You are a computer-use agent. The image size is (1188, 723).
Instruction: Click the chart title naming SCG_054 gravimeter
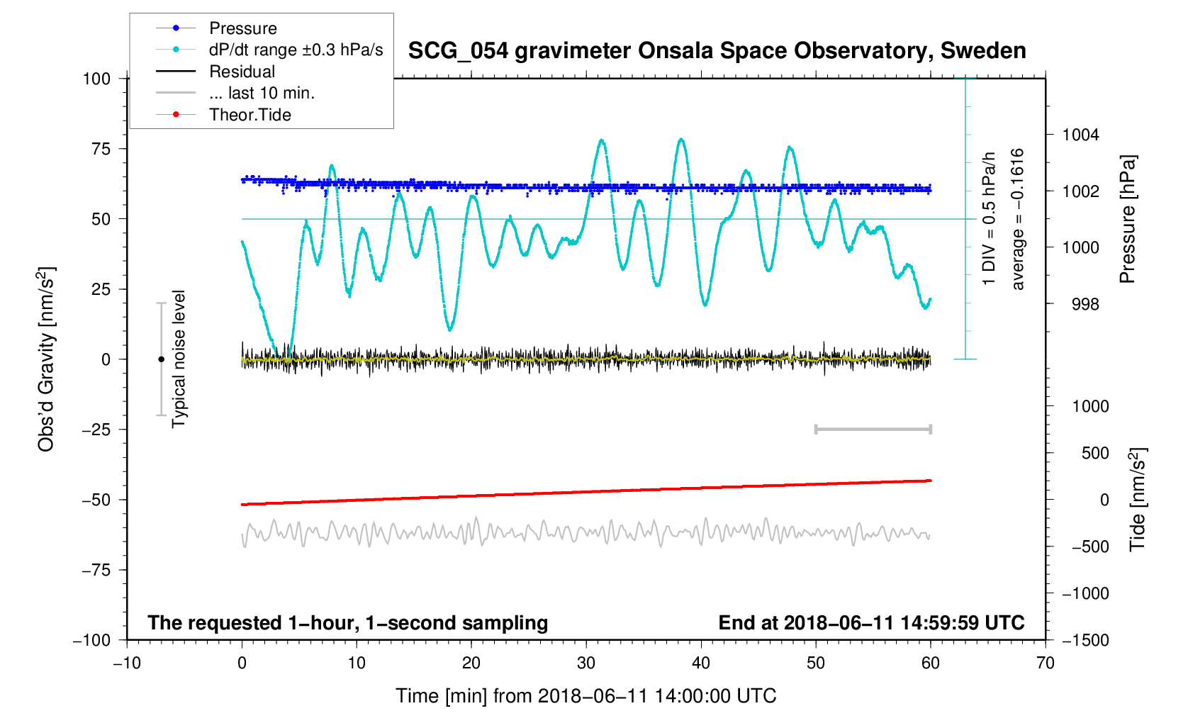pos(717,51)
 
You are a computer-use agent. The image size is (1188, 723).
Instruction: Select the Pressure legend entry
pos(242,28)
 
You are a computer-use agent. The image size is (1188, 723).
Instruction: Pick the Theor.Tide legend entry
pos(250,115)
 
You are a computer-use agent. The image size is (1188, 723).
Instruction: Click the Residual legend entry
pos(242,72)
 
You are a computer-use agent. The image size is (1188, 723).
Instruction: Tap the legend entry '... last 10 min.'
pos(262,94)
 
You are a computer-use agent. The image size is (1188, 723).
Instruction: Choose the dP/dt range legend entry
pos(296,50)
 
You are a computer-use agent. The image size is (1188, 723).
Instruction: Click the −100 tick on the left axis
pos(92,640)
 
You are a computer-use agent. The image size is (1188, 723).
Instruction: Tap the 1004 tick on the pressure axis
pos(1080,135)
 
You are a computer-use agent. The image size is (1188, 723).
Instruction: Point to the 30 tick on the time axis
pos(586,663)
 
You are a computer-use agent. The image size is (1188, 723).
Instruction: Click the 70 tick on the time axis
pos(1045,663)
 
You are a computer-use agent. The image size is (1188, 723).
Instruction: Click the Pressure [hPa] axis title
pos(1127,219)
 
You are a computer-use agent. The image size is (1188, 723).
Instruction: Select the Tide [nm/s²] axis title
pos(1138,499)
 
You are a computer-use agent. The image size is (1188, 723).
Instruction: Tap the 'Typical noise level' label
pos(179,359)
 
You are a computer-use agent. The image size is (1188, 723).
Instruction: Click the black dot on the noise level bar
pos(161,359)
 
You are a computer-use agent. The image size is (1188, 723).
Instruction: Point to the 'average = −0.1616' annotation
pos(1018,219)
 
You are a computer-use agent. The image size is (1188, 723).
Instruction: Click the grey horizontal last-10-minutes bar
pos(873,430)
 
